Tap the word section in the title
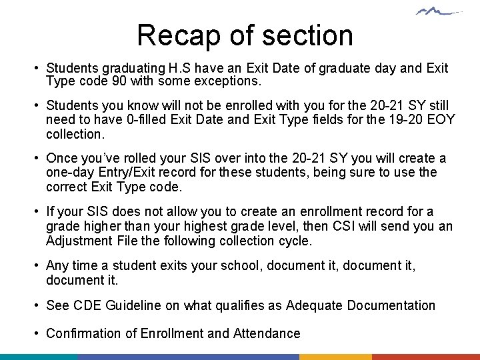309,35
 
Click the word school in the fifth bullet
239,266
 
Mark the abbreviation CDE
87,305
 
